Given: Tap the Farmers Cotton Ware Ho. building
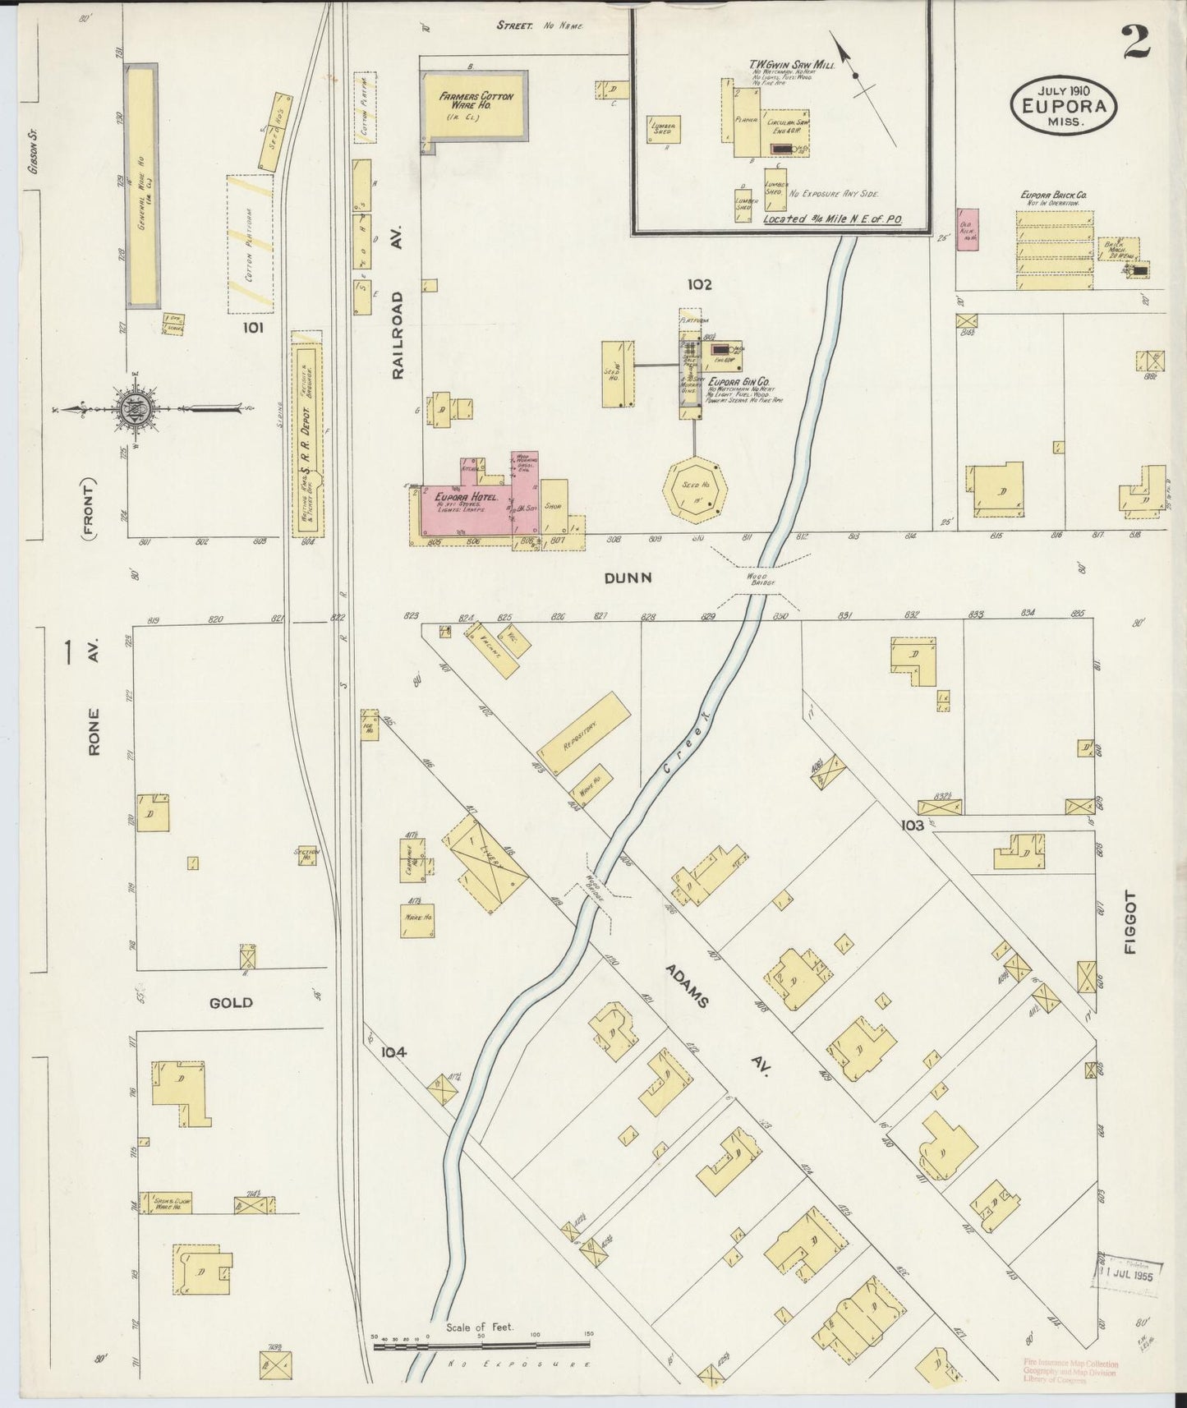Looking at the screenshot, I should pyautogui.click(x=475, y=105).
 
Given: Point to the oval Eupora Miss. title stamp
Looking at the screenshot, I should pyautogui.click(x=1064, y=104).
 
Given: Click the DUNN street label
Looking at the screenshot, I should pyautogui.click(x=628, y=577).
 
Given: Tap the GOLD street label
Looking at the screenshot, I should pyautogui.click(x=231, y=1002).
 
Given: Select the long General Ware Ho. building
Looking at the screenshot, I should pyautogui.click(x=140, y=187).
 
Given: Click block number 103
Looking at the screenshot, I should pyautogui.click(x=912, y=825).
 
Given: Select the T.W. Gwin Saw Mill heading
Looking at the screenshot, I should pyautogui.click(x=790, y=64).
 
